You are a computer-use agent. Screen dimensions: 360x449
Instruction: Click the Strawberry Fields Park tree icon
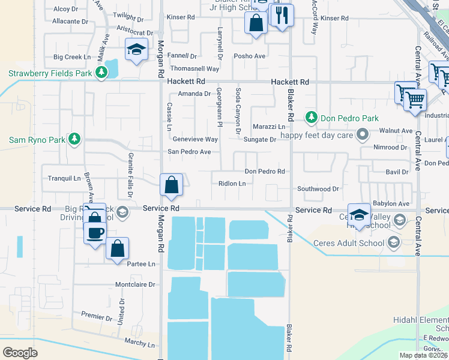[x=102, y=73]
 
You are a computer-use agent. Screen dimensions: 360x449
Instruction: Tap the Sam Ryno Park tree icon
[x=74, y=140]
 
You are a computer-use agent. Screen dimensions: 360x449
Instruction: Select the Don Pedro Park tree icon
[x=311, y=117]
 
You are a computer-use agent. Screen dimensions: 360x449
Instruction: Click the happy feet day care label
[x=318, y=134]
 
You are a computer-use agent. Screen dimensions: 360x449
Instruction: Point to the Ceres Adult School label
[x=348, y=243]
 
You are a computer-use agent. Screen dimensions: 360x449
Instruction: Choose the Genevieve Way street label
[x=195, y=139]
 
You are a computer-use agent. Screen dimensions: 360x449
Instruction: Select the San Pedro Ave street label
[x=188, y=152]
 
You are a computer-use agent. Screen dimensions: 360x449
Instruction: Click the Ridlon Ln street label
[x=232, y=184]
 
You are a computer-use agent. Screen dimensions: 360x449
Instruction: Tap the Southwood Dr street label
[x=318, y=189]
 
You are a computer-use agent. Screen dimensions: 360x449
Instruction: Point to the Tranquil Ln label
[x=64, y=178]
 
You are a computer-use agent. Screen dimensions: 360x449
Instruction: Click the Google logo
[x=20, y=353]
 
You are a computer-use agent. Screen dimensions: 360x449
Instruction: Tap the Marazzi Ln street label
[x=268, y=127]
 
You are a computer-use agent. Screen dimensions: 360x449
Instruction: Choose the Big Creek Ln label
[x=71, y=57]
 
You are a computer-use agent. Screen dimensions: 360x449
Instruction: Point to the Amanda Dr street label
[x=194, y=94]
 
